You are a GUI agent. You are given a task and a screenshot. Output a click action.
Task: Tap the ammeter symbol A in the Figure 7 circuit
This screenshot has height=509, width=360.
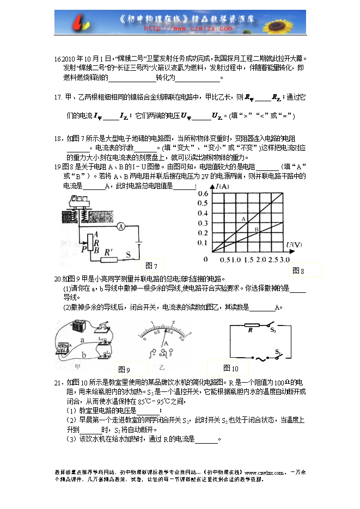coord(122,225)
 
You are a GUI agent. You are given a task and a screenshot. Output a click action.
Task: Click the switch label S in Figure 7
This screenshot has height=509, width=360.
coord(129,255)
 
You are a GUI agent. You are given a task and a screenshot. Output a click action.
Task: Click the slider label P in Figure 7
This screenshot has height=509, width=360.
coord(82,248)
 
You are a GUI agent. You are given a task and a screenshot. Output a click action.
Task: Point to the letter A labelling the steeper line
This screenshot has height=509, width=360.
coord(243,218)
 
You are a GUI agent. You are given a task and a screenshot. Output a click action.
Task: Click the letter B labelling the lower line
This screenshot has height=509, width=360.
coord(256,230)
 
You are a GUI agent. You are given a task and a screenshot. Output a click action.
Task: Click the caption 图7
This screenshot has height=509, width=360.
coord(152,266)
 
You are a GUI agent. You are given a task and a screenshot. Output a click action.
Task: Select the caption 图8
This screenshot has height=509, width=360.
coord(298,271)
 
